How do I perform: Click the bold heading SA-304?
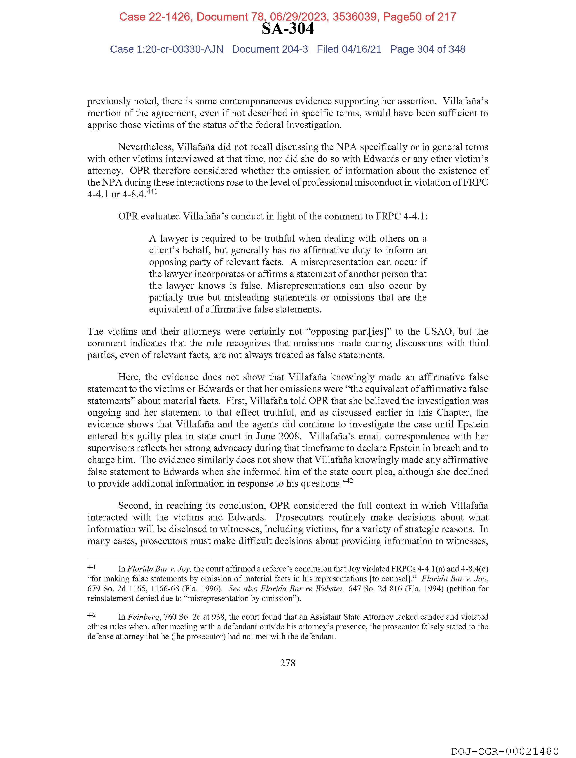pos(287,29)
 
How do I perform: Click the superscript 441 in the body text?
pos(152,192)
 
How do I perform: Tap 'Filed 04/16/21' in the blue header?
pos(349,49)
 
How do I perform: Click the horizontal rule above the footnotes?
pos(149,559)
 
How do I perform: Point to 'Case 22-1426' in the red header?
pos(155,17)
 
